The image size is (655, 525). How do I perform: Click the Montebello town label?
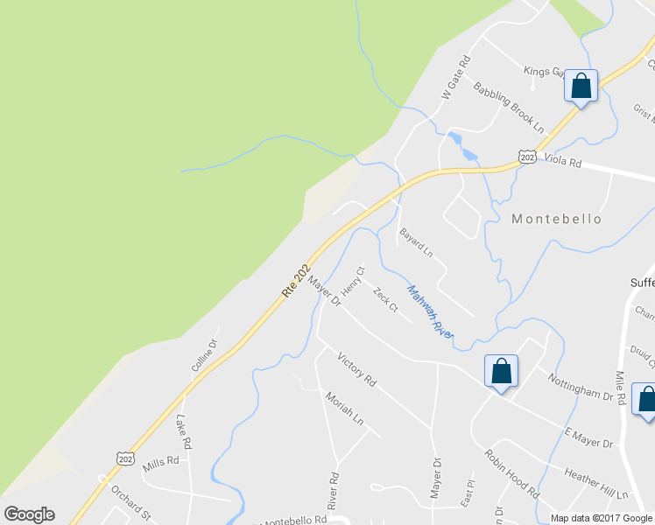click(x=557, y=219)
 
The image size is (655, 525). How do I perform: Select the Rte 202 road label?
click(x=297, y=280)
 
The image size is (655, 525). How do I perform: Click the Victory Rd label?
click(x=356, y=369)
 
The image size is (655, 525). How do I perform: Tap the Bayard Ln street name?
click(x=416, y=242)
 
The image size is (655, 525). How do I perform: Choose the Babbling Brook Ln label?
click(x=509, y=103)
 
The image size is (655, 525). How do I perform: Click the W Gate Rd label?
click(x=455, y=76)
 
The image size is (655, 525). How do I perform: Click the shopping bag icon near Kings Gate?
click(x=581, y=87)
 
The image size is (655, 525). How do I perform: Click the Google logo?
click(x=29, y=514)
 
